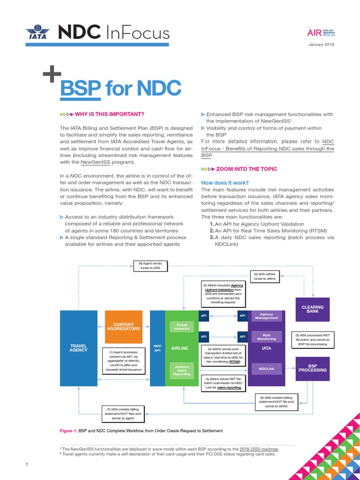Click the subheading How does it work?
click(225, 182)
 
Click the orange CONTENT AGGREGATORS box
click(123, 327)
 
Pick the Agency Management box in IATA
click(266, 316)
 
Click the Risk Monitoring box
click(266, 337)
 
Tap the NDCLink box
click(266, 369)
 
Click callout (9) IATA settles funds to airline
click(265, 277)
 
